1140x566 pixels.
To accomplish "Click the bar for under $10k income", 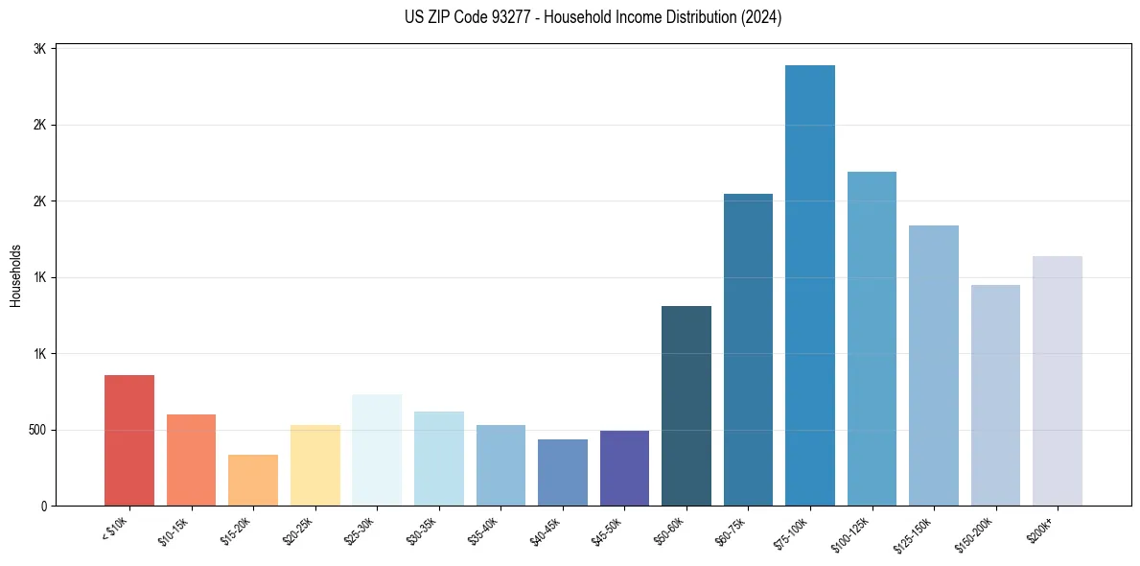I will click(129, 440).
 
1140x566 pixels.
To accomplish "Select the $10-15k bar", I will click(191, 460).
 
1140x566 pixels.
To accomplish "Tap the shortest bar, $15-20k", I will click(253, 481).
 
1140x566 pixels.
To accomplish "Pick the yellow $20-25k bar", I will click(314, 465).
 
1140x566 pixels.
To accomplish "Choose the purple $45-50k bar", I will click(624, 468).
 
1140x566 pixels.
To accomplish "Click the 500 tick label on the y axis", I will click(37, 430).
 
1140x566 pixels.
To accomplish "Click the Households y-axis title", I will click(16, 275).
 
